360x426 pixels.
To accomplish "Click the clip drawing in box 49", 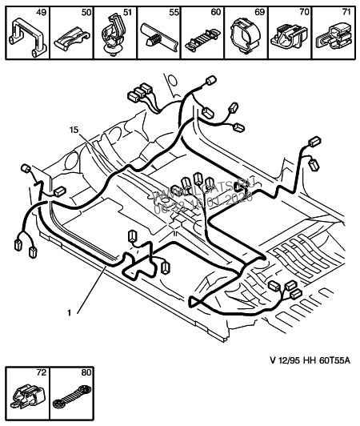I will [x=25, y=37].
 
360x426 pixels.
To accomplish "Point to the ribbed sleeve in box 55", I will [x=158, y=39].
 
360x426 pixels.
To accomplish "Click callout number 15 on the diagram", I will [x=74, y=129].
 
